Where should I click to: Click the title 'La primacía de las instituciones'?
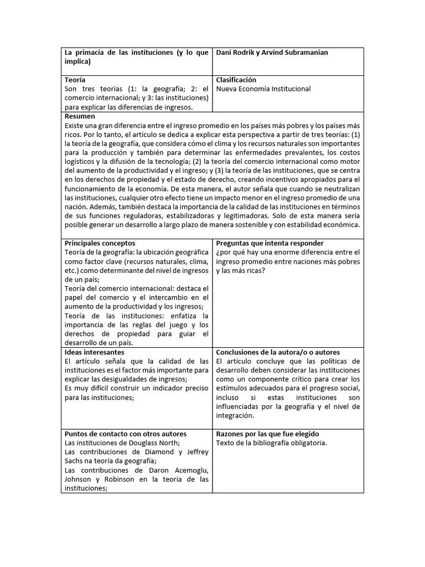(119, 53)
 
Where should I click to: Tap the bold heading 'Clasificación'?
(236, 80)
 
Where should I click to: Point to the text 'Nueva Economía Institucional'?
(263, 89)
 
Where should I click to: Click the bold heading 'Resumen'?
(80, 116)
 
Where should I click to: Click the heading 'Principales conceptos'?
(100, 243)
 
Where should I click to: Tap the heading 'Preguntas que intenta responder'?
(270, 243)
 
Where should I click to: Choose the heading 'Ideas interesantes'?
(95, 352)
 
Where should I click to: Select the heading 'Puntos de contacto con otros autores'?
(126, 434)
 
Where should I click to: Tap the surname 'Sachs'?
(75, 461)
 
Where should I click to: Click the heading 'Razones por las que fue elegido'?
(267, 434)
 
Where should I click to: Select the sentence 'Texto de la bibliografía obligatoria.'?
(271, 443)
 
